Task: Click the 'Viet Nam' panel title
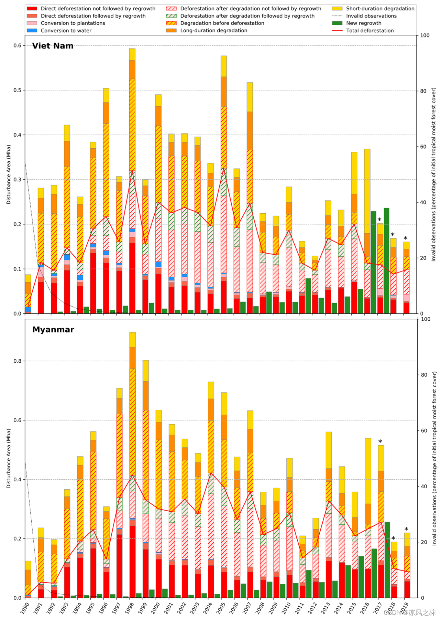53,46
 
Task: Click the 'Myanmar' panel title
53,329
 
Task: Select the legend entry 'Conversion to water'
66,31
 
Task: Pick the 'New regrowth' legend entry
363,23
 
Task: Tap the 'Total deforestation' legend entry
370,31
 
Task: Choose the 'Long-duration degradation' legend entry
213,31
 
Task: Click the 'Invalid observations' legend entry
371,16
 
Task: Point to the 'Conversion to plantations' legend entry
73,23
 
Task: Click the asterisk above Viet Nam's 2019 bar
406,238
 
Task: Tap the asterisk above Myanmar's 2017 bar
380,442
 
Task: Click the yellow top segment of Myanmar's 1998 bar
132,340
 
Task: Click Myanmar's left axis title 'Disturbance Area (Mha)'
9,458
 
